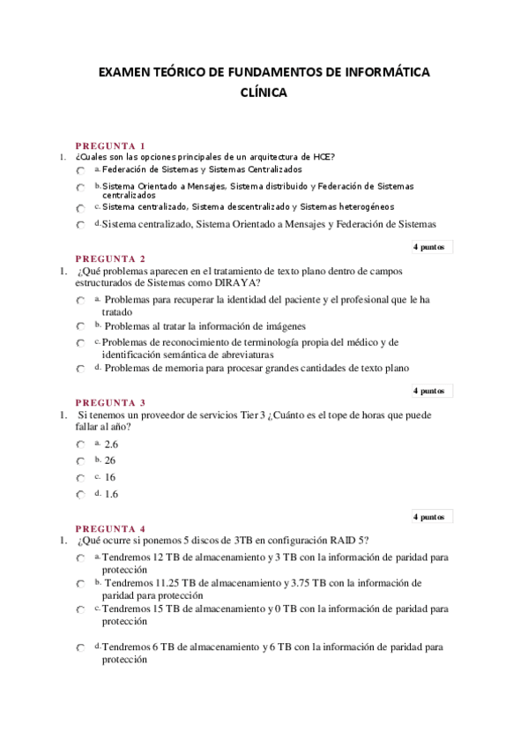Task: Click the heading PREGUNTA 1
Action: tap(110, 146)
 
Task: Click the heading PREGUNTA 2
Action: tap(110, 258)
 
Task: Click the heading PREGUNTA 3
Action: tap(110, 403)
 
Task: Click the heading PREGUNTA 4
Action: tap(110, 528)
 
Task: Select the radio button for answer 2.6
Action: tap(80, 445)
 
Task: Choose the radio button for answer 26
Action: tap(80, 461)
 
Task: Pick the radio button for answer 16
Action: tap(80, 478)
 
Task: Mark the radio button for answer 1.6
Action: tap(80, 495)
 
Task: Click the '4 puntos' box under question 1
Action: tap(432, 247)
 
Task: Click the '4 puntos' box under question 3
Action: tap(432, 517)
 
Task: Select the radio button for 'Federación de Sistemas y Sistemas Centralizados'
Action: tap(80, 169)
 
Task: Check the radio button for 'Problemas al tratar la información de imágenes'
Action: tap(80, 326)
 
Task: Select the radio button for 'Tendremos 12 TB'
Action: tap(80, 559)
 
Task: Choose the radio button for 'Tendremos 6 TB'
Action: tap(80, 648)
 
